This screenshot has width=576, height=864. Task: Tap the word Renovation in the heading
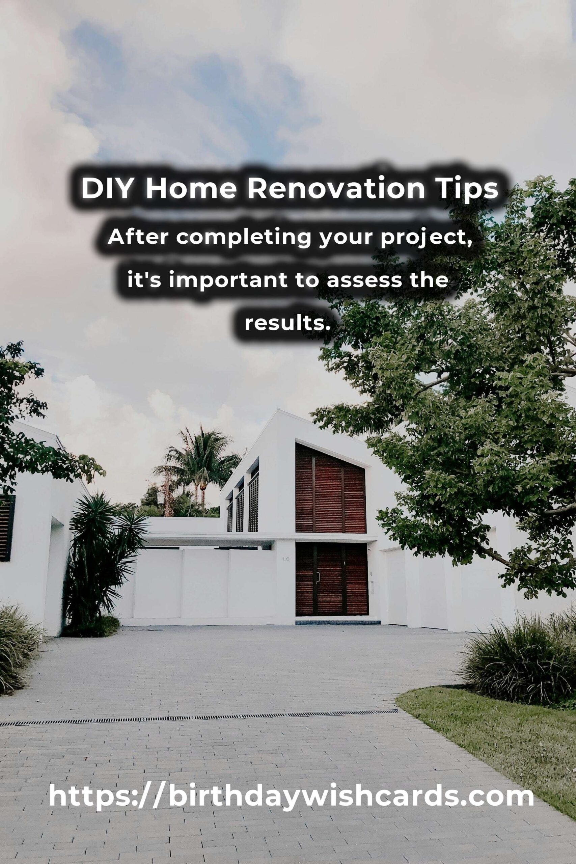click(336, 188)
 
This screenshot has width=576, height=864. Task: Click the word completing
click(244, 238)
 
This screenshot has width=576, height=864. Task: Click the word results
click(285, 323)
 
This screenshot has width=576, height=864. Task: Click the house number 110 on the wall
click(286, 559)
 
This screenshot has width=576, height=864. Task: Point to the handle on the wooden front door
click(318, 576)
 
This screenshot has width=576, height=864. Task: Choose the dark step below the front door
click(337, 622)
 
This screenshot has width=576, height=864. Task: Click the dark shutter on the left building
click(7, 528)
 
